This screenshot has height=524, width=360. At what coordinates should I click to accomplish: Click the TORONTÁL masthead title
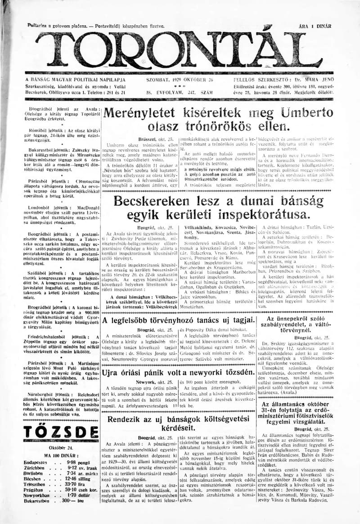click(x=180, y=50)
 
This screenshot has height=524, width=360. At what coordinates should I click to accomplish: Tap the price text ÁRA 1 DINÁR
click(x=315, y=27)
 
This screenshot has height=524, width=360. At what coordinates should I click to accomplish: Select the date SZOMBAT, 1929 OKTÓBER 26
click(x=180, y=80)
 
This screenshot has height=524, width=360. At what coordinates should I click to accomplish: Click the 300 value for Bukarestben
click(x=68, y=512)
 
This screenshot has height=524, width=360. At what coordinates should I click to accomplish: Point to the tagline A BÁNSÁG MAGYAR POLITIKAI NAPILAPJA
click(x=75, y=80)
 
